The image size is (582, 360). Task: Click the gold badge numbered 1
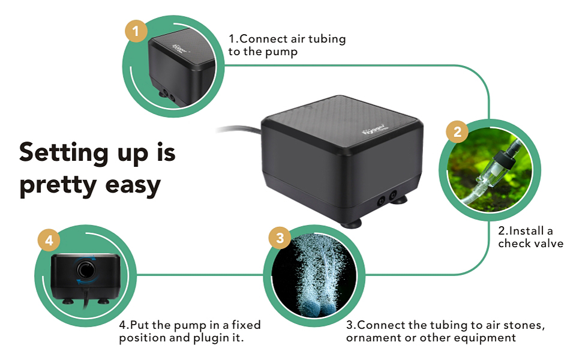tap(137, 32)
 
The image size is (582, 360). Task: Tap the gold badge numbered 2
tap(457, 132)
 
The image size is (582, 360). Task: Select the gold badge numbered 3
tap(278, 238)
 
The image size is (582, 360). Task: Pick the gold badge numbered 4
tap(49, 241)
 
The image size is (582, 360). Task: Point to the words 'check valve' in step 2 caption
tap(531, 244)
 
